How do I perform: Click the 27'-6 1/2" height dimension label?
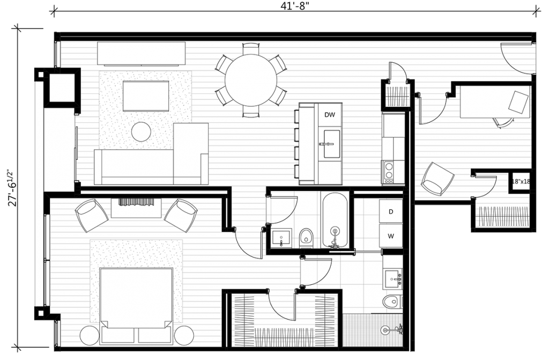(x=12, y=188)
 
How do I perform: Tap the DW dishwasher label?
(x=330, y=115)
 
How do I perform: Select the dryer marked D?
(x=391, y=211)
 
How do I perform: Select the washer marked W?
(x=391, y=236)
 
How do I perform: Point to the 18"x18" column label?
(x=521, y=181)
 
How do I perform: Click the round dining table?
(x=251, y=80)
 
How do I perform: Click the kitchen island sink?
(x=331, y=144)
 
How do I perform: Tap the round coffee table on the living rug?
(x=141, y=131)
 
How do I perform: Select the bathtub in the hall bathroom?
(x=335, y=220)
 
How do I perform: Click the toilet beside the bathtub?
(x=306, y=238)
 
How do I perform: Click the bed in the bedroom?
(x=136, y=305)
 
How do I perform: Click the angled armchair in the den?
(x=437, y=179)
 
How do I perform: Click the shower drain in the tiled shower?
(x=385, y=329)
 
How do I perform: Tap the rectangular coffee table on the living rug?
(x=146, y=96)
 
